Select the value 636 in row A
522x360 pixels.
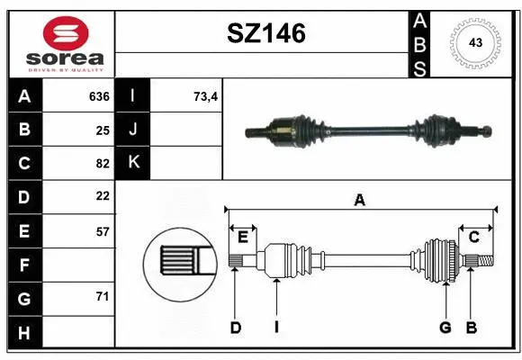98,96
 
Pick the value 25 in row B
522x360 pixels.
102,130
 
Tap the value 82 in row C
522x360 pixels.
102,163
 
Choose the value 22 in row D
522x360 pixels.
102,196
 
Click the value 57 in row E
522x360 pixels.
102,231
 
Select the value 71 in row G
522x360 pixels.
102,296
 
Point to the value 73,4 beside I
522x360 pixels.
206,96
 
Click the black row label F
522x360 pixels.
24,265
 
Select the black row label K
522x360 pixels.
133,163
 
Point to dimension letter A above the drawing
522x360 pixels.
360,201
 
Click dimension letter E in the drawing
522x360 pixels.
243,237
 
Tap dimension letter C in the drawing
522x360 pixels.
472,237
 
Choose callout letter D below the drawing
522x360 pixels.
235,328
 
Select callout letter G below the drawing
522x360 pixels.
445,328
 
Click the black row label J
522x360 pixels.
133,130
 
